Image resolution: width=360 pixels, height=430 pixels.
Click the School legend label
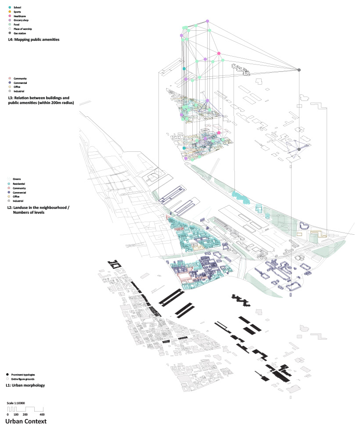click(17, 8)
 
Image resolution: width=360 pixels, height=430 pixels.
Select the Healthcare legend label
click(19, 16)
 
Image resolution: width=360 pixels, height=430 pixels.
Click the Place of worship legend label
click(23, 29)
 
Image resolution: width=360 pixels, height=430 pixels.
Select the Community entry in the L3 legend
click(20, 79)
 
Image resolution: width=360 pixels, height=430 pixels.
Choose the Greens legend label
click(17, 179)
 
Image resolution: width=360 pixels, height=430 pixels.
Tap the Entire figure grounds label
click(24, 379)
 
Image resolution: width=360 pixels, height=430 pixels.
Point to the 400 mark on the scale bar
click(42, 415)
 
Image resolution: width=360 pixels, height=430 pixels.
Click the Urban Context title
click(26, 422)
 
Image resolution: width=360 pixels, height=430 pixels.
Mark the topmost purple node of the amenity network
click(208, 21)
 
